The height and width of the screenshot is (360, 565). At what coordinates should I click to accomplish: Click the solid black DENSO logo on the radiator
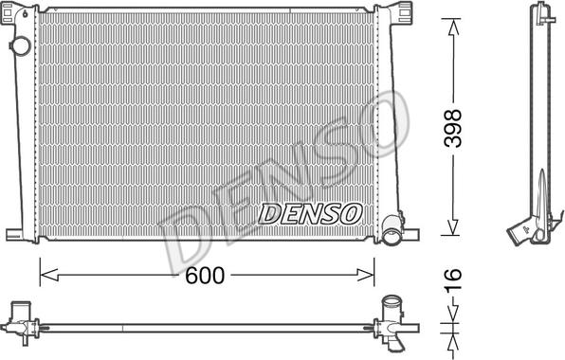(309, 214)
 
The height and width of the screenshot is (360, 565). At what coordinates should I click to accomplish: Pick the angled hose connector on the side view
(520, 231)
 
